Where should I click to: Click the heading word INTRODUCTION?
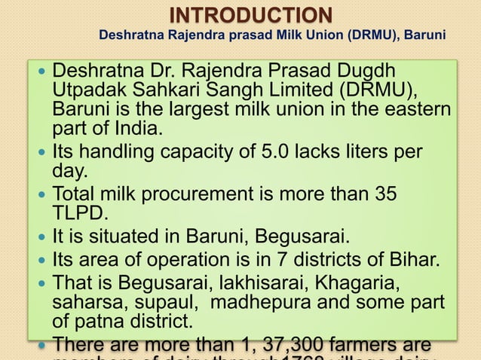[x=250, y=14]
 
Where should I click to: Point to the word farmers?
[x=345, y=346]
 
